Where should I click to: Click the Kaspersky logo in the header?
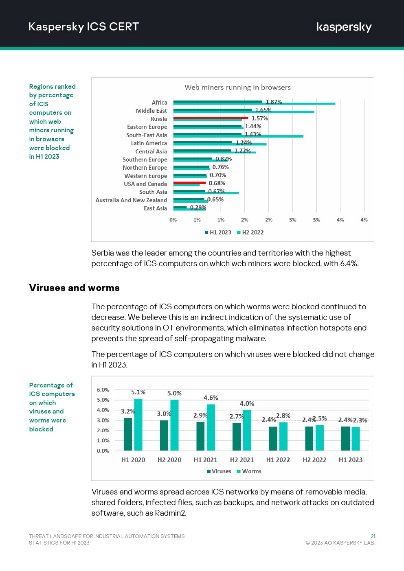click(x=344, y=27)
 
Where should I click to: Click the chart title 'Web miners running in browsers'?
click(x=237, y=88)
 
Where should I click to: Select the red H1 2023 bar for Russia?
click(x=211, y=118)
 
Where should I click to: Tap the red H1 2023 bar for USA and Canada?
click(x=189, y=183)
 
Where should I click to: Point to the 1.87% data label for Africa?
click(x=274, y=102)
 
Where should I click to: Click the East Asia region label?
click(x=155, y=208)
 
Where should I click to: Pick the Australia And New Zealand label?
click(x=131, y=200)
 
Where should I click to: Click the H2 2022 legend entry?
click(x=250, y=232)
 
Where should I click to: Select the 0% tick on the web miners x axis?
click(x=173, y=220)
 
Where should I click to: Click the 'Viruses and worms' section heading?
click(x=74, y=288)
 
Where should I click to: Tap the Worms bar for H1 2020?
click(x=138, y=424)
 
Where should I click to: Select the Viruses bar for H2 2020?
click(x=164, y=435)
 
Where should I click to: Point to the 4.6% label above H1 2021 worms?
click(x=211, y=398)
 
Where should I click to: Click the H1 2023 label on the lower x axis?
click(x=350, y=460)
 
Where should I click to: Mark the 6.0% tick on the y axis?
click(x=103, y=390)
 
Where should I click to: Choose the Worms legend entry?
click(x=249, y=471)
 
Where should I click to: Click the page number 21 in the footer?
click(x=373, y=536)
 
